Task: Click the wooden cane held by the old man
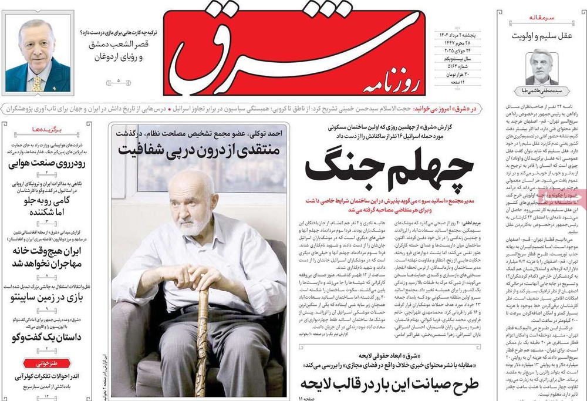coord(203,329)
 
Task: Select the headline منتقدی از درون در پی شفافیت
coord(201,149)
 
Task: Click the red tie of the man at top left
coord(36,82)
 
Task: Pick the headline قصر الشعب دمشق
coord(120,45)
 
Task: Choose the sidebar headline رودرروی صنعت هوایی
coord(46,164)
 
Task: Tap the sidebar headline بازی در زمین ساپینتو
coord(47,298)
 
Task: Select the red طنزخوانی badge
coord(48,362)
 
